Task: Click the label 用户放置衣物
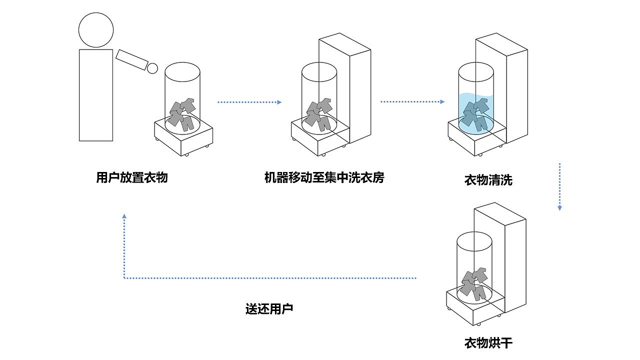click(131, 177)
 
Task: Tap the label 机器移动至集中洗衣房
click(324, 177)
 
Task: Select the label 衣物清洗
click(488, 180)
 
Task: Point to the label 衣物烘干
click(488, 343)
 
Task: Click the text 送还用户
click(269, 308)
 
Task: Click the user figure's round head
click(96, 29)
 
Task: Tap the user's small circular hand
click(152, 68)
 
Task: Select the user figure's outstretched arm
click(131, 60)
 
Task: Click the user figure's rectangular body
click(96, 95)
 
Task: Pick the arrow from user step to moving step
click(249, 102)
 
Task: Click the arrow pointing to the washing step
click(412, 102)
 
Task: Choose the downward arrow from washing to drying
click(559, 186)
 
